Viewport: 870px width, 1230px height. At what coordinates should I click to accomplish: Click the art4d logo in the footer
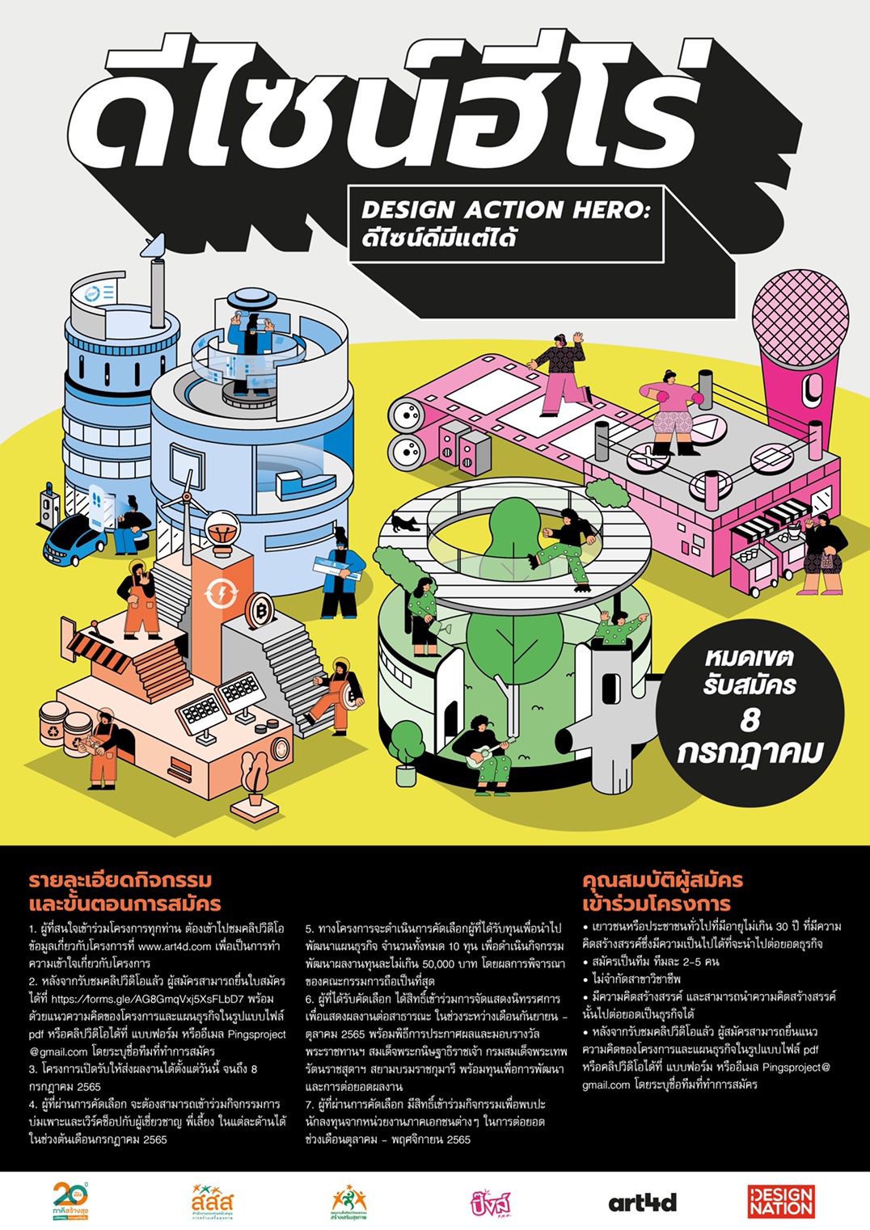click(x=642, y=1202)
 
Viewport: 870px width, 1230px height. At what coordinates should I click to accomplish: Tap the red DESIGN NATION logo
click(x=780, y=1201)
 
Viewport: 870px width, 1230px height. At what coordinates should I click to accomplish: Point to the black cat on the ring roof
click(x=406, y=524)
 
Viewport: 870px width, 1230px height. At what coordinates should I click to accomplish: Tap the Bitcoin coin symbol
click(x=260, y=606)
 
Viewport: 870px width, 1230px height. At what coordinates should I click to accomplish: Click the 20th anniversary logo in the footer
click(x=70, y=1201)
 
